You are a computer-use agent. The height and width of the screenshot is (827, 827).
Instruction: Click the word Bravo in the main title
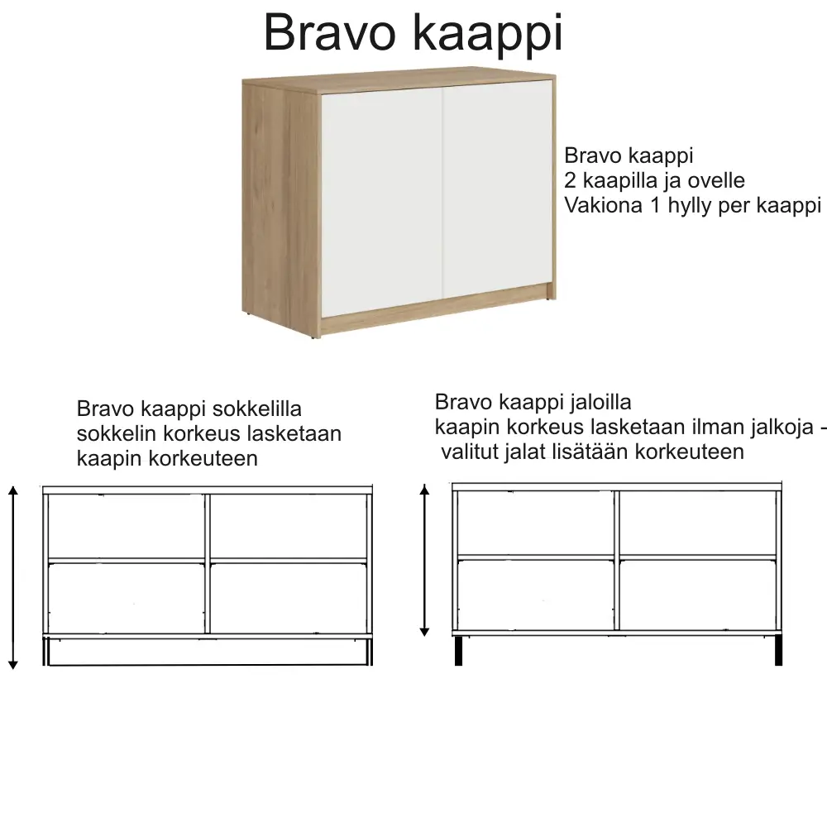click(x=330, y=33)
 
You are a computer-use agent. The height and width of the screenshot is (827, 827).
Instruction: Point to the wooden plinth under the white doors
click(x=437, y=310)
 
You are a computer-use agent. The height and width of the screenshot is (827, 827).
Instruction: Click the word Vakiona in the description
click(x=604, y=205)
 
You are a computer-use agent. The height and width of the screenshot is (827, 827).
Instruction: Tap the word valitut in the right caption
click(x=470, y=452)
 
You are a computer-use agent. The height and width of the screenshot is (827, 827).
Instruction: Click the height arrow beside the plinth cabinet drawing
click(x=13, y=577)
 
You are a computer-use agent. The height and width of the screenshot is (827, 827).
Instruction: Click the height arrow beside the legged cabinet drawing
click(x=424, y=560)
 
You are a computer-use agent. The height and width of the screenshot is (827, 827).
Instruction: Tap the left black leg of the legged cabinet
click(x=458, y=650)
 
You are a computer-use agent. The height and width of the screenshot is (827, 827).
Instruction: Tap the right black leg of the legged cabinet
click(x=778, y=650)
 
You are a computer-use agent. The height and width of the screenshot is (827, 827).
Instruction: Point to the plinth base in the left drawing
click(x=208, y=652)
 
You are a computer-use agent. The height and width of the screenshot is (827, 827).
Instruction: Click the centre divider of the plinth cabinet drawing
click(x=208, y=563)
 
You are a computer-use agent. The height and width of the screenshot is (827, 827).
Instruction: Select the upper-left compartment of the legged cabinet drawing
click(x=536, y=523)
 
